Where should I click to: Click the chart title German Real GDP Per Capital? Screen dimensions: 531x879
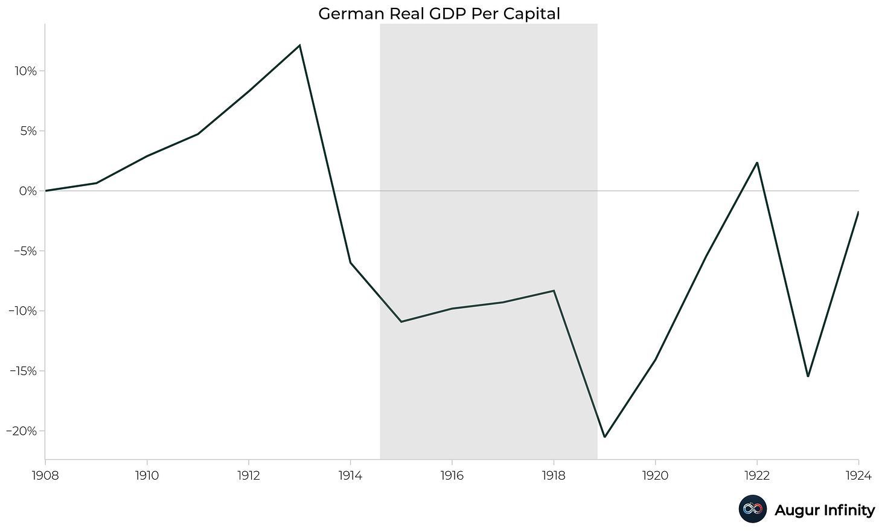[439, 13]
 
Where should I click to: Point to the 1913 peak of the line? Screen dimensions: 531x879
[299, 45]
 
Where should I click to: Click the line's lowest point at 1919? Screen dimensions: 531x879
[604, 436]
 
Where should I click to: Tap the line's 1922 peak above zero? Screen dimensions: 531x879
[756, 163]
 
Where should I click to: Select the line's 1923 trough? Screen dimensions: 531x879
[808, 376]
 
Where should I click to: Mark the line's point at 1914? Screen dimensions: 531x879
[350, 262]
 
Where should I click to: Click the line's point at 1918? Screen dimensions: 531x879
[554, 291]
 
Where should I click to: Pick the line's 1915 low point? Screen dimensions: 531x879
[401, 321]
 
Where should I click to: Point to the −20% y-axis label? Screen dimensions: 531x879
[22, 431]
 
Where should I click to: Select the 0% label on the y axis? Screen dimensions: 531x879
[27, 191]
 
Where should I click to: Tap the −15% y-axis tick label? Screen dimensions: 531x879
[22, 371]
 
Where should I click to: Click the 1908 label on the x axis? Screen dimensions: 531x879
[45, 476]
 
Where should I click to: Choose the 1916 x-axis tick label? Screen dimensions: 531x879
[452, 476]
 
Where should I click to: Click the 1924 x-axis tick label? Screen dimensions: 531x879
[858, 476]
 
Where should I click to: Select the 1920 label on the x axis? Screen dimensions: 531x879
[655, 476]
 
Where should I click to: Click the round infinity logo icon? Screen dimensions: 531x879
[752, 509]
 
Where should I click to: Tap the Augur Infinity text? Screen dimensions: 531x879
[824, 510]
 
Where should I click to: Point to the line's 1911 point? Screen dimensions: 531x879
[197, 134]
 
